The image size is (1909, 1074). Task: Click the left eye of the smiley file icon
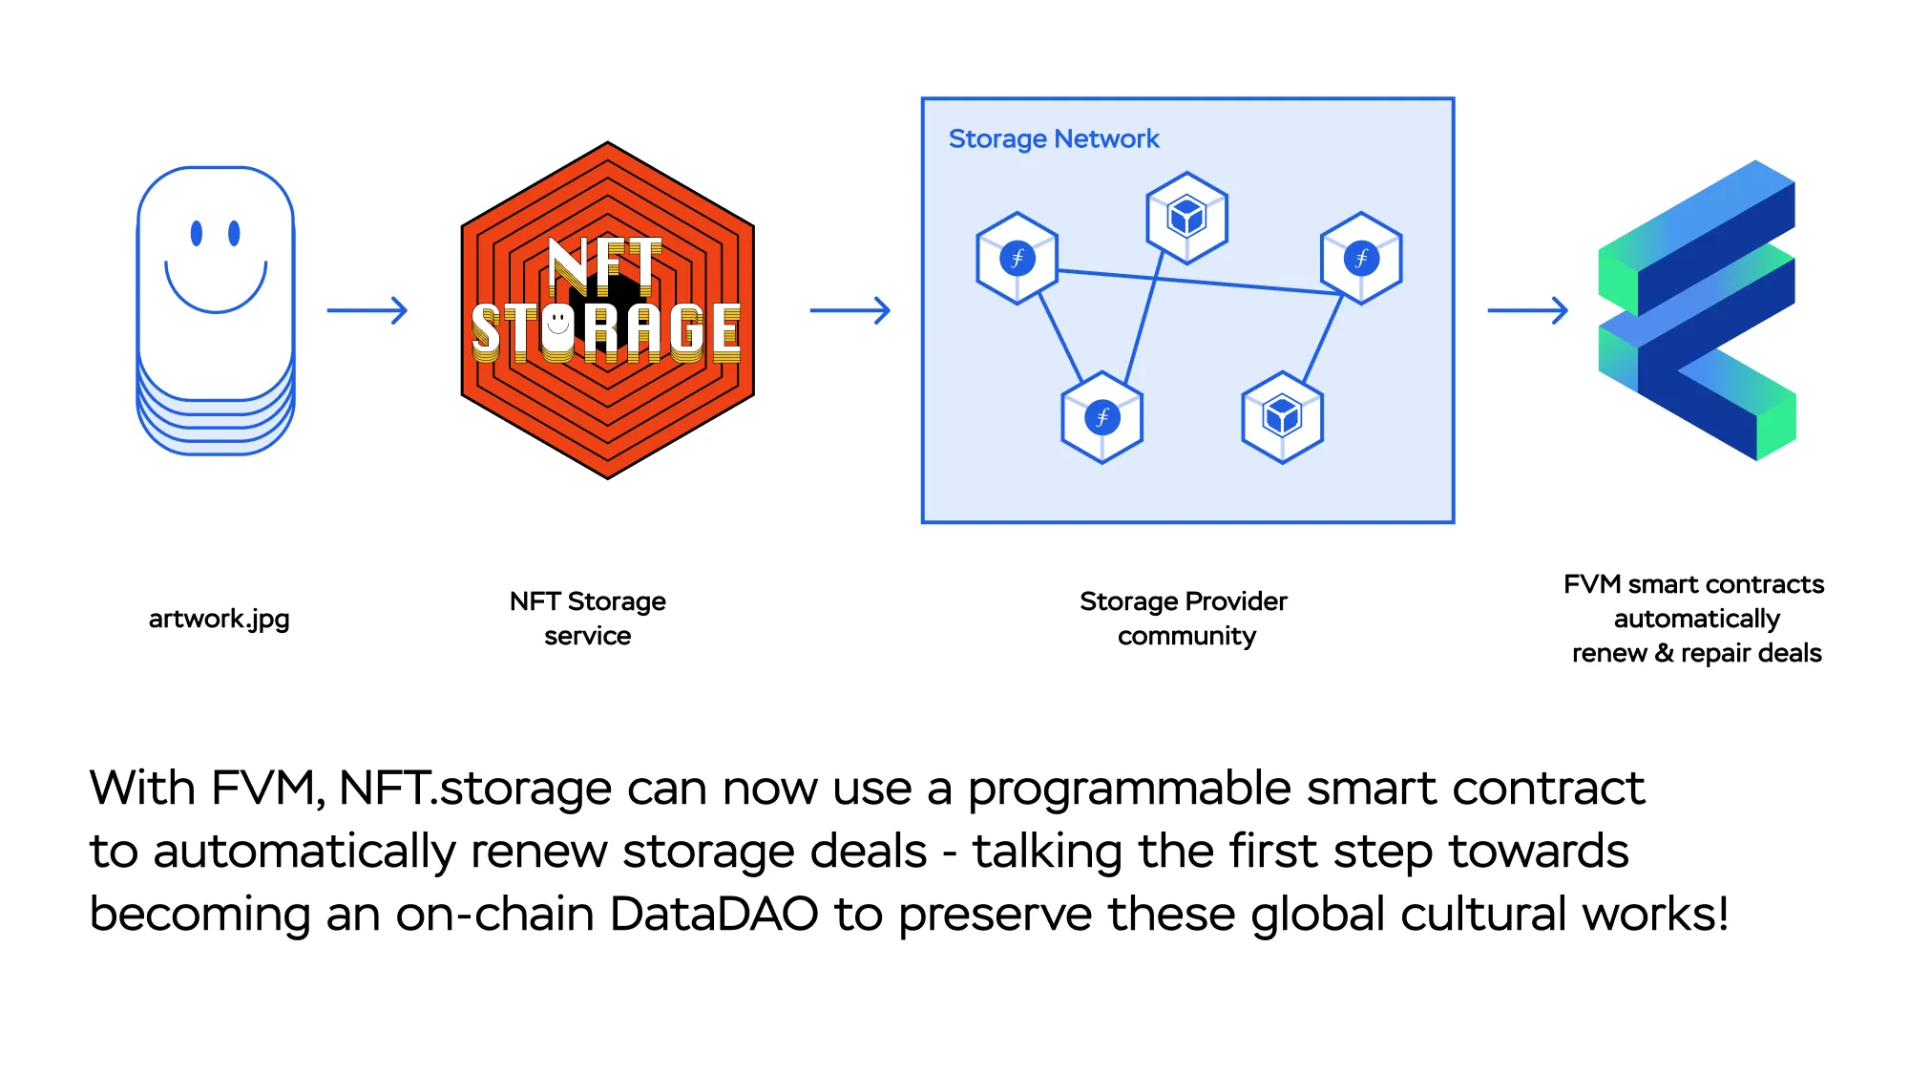pos(197,233)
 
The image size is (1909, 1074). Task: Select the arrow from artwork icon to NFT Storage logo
pos(367,310)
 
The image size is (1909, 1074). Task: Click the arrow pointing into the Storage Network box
pos(850,310)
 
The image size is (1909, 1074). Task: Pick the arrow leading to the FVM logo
pos(1527,310)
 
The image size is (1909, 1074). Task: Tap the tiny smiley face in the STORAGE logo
pos(558,325)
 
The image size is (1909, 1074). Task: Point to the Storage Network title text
pos(1054,139)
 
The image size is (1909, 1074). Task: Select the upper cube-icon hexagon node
pos(1186,218)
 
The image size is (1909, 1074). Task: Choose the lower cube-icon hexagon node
pos(1282,417)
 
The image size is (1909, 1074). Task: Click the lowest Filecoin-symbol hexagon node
pos(1102,417)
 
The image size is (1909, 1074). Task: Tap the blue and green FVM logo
pos(1697,310)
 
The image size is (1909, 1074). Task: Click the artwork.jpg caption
pos(219,620)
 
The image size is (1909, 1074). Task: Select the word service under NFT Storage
pos(587,637)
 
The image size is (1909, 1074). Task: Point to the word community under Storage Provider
pos(1186,637)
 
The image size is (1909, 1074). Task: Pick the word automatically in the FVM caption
pos(1696,620)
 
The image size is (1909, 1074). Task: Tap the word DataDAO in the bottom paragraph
pos(714,915)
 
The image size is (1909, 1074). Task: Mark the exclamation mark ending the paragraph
pos(1722,915)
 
